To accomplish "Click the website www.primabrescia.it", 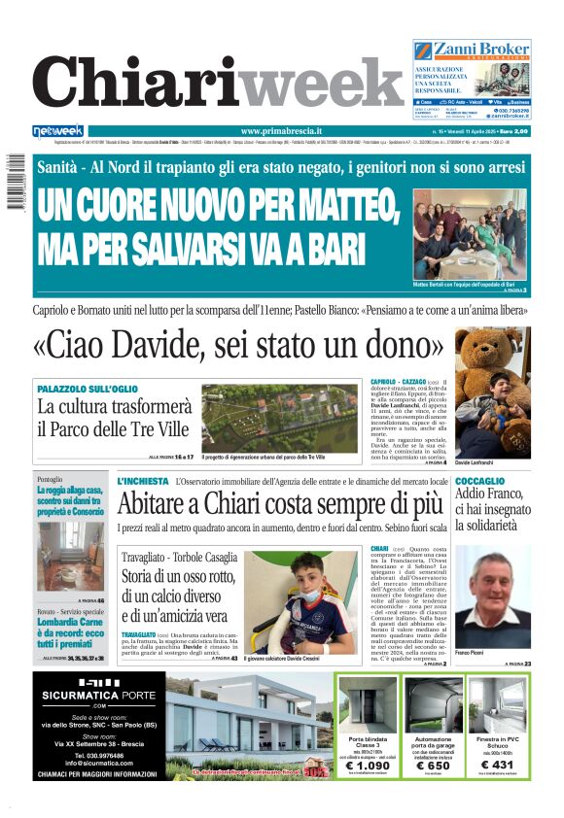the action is [281, 131].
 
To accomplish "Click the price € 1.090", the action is [367, 767].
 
